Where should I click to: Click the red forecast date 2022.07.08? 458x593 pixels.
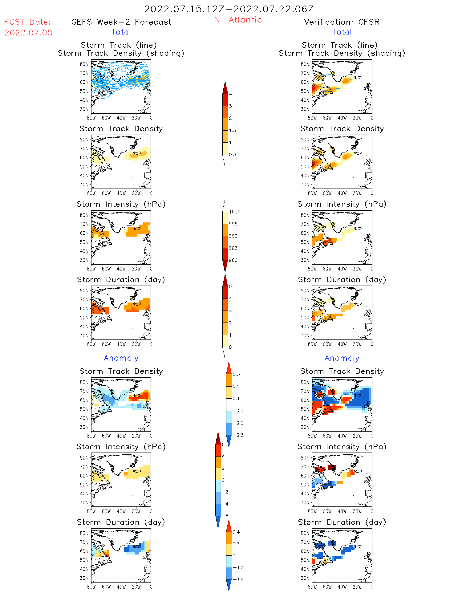(28, 33)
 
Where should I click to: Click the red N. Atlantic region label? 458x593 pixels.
(238, 20)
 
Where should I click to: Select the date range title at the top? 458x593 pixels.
(229, 9)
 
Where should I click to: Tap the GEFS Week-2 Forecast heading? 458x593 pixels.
(121, 22)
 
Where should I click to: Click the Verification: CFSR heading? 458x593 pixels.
(342, 22)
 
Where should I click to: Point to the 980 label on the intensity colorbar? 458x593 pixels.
(233, 260)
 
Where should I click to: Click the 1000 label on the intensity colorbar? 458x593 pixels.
(235, 212)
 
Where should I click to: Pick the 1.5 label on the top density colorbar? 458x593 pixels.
(233, 130)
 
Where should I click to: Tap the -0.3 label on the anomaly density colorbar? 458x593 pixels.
(238, 435)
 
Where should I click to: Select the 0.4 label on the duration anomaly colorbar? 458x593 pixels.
(236, 532)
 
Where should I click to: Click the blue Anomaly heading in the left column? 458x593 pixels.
(121, 358)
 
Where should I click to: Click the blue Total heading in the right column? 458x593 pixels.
(342, 32)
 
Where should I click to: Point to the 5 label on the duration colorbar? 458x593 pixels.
(230, 286)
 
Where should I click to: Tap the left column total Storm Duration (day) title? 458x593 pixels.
(121, 279)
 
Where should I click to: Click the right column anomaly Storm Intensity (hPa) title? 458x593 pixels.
(342, 446)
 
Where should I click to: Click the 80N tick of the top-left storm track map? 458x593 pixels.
(84, 64)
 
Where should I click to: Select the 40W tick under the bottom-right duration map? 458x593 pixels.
(342, 587)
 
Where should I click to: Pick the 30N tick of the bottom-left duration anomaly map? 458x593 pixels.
(84, 578)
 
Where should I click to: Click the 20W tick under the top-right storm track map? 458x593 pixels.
(357, 118)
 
